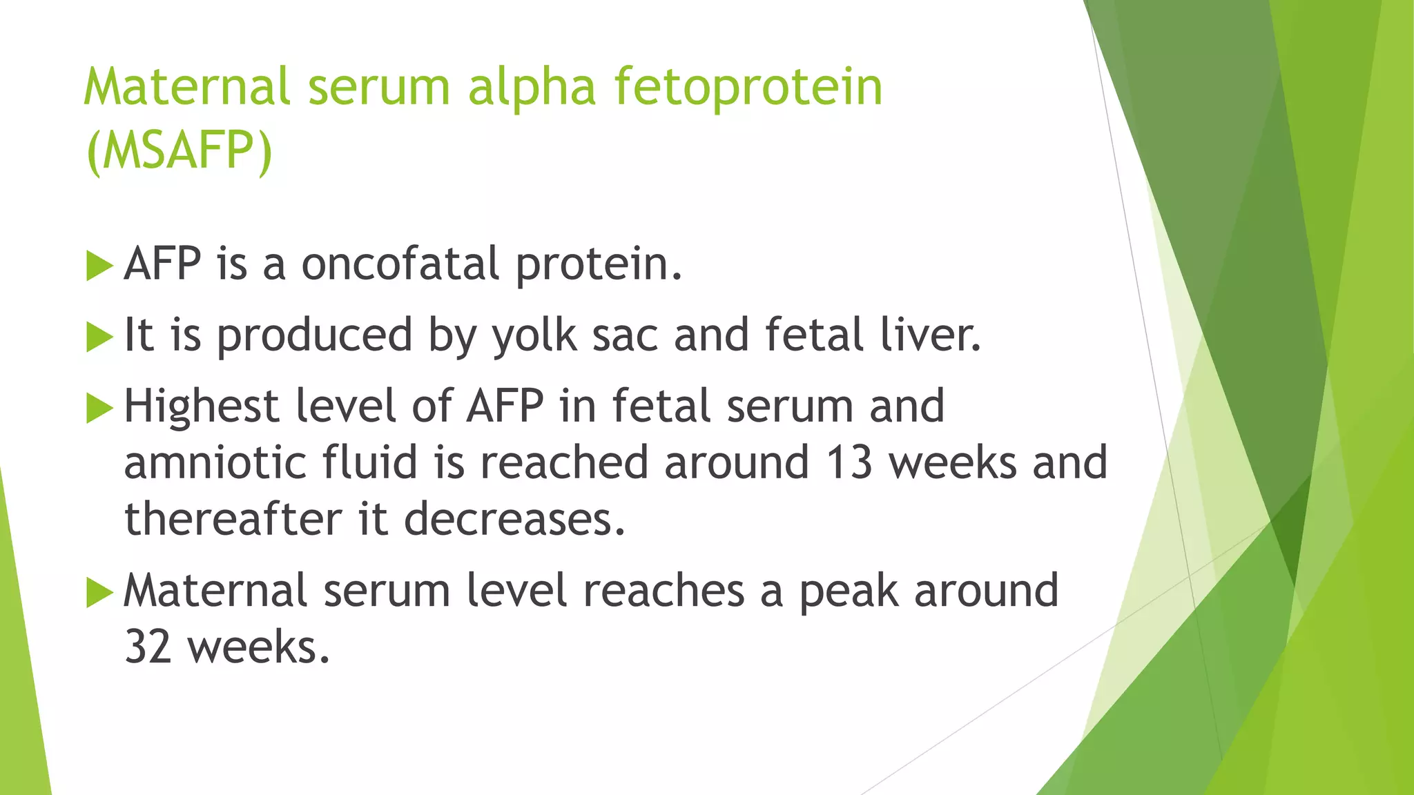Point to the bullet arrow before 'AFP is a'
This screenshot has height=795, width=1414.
(99, 266)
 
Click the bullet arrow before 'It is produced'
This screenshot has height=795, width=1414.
(99, 337)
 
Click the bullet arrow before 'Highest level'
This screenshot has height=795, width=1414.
(99, 409)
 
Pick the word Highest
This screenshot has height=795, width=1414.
(201, 406)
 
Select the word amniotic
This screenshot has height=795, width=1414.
(215, 462)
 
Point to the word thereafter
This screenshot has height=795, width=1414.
(233, 519)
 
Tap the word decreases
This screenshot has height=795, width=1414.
(514, 519)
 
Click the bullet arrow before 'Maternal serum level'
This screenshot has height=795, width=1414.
(99, 593)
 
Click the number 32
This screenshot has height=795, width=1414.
(148, 648)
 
